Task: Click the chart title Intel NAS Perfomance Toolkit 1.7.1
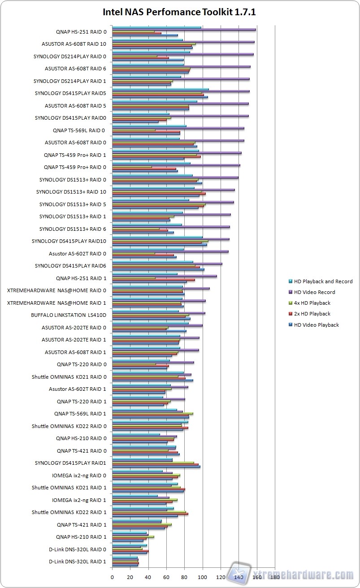(x=179, y=12)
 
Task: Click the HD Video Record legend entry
(x=314, y=292)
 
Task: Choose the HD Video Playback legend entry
(x=316, y=325)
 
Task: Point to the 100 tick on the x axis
(x=203, y=577)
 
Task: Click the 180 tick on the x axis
(x=275, y=577)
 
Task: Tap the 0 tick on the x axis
(x=112, y=577)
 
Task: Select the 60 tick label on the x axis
(x=166, y=577)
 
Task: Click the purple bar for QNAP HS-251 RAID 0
(x=184, y=30)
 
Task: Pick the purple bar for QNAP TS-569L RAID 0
(x=178, y=128)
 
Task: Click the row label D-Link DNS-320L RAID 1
(x=78, y=561)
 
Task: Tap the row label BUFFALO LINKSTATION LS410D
(x=69, y=315)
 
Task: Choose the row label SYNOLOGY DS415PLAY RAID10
(x=69, y=241)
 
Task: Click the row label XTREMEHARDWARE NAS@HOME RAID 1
(x=57, y=303)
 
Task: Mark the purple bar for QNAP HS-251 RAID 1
(x=164, y=276)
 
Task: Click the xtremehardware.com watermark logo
(x=291, y=574)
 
